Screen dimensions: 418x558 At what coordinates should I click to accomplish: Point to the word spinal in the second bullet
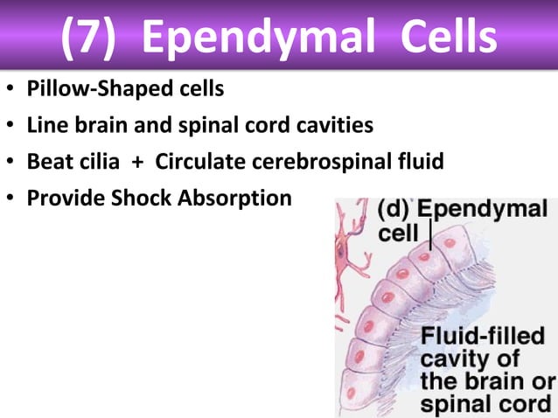227,126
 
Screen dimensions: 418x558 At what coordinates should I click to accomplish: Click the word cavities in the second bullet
337,126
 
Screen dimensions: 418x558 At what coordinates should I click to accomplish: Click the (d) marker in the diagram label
395,211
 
